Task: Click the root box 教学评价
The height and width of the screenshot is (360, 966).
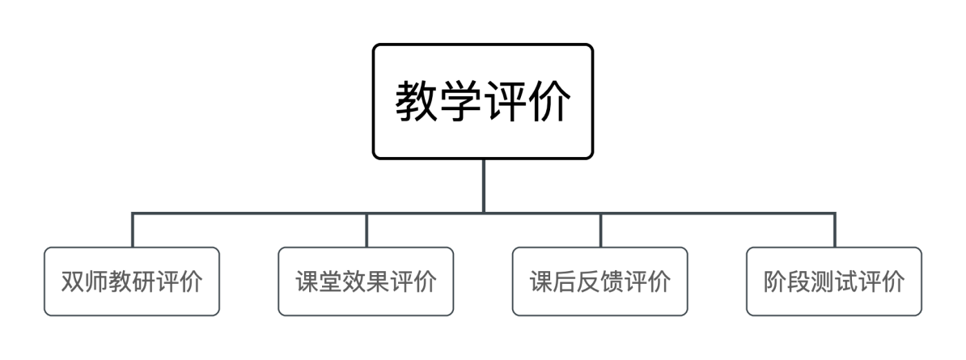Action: [x=483, y=102]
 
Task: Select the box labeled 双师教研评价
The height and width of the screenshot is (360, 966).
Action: [x=132, y=282]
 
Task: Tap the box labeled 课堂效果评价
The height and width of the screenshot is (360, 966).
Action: [x=366, y=282]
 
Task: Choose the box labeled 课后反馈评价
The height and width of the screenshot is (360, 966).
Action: [x=600, y=282]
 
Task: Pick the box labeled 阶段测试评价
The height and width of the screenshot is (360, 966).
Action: [x=834, y=282]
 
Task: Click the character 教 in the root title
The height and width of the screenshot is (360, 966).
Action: [x=417, y=102]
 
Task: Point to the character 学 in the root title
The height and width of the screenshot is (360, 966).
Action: [x=461, y=102]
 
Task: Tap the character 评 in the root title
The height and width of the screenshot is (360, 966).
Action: [x=505, y=102]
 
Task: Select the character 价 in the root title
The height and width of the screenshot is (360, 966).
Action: [x=549, y=102]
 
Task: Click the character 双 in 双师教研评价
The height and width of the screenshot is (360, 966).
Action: [x=73, y=282]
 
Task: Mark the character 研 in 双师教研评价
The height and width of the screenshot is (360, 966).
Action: [x=143, y=282]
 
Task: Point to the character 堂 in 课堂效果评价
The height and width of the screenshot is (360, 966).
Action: [x=331, y=282]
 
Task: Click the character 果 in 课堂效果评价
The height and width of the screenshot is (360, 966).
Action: [x=378, y=282]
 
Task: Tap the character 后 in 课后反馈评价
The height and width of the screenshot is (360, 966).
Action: [x=565, y=282]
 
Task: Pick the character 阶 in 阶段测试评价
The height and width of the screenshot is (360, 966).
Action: [x=776, y=282]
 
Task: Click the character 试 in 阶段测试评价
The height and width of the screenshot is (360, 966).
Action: [x=846, y=282]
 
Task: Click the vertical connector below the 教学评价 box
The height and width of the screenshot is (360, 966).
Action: [x=483, y=186]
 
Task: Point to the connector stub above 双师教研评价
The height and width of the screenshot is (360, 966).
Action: [x=132, y=230]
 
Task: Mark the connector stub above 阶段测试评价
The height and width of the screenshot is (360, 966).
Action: [x=834, y=230]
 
